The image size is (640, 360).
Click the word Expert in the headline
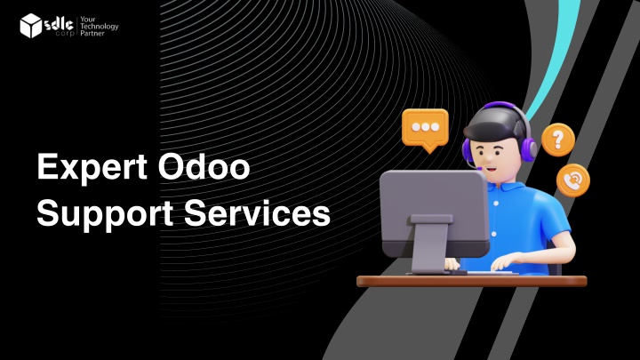coord(92,167)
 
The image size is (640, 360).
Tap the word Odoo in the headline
coord(204,166)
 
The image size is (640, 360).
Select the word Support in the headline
coord(105,214)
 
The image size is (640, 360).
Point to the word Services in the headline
coord(257,213)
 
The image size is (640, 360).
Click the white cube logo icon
coord(31,25)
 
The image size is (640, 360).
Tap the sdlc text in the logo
coord(59,25)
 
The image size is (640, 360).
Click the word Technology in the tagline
coord(100,26)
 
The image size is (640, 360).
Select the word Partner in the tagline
coord(92,33)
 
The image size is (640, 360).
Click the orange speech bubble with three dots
coord(425,130)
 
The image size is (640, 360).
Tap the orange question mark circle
coord(558,140)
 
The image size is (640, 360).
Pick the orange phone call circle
coord(573,180)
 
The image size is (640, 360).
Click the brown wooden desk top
coord(471,281)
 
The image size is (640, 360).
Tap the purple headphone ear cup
coord(529,149)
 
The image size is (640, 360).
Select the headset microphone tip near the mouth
coord(479,168)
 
